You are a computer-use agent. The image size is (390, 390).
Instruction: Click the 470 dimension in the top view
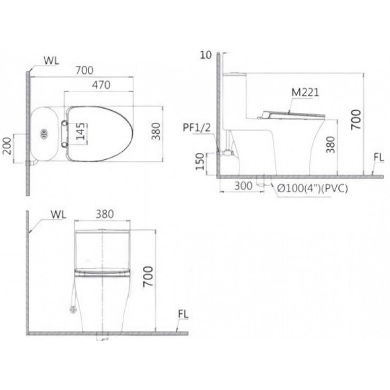pos(99,85)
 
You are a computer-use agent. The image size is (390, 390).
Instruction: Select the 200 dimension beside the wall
pos(7,143)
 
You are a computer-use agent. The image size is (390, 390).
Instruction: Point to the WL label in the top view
pos(51,60)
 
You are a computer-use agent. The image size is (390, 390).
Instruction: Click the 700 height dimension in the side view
pos(357,119)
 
